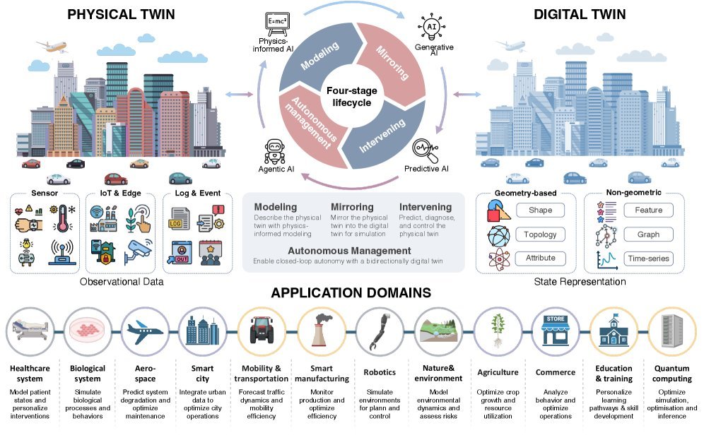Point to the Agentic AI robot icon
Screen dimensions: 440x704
[x=274, y=150]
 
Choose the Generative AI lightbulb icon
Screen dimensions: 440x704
[x=432, y=26]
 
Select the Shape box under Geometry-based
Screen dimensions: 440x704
[x=540, y=210]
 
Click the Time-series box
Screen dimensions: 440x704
[x=648, y=258]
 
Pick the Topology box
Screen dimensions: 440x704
[x=540, y=234]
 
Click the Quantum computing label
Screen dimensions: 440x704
[x=671, y=373]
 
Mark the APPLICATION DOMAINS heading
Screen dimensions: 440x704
[x=351, y=292]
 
